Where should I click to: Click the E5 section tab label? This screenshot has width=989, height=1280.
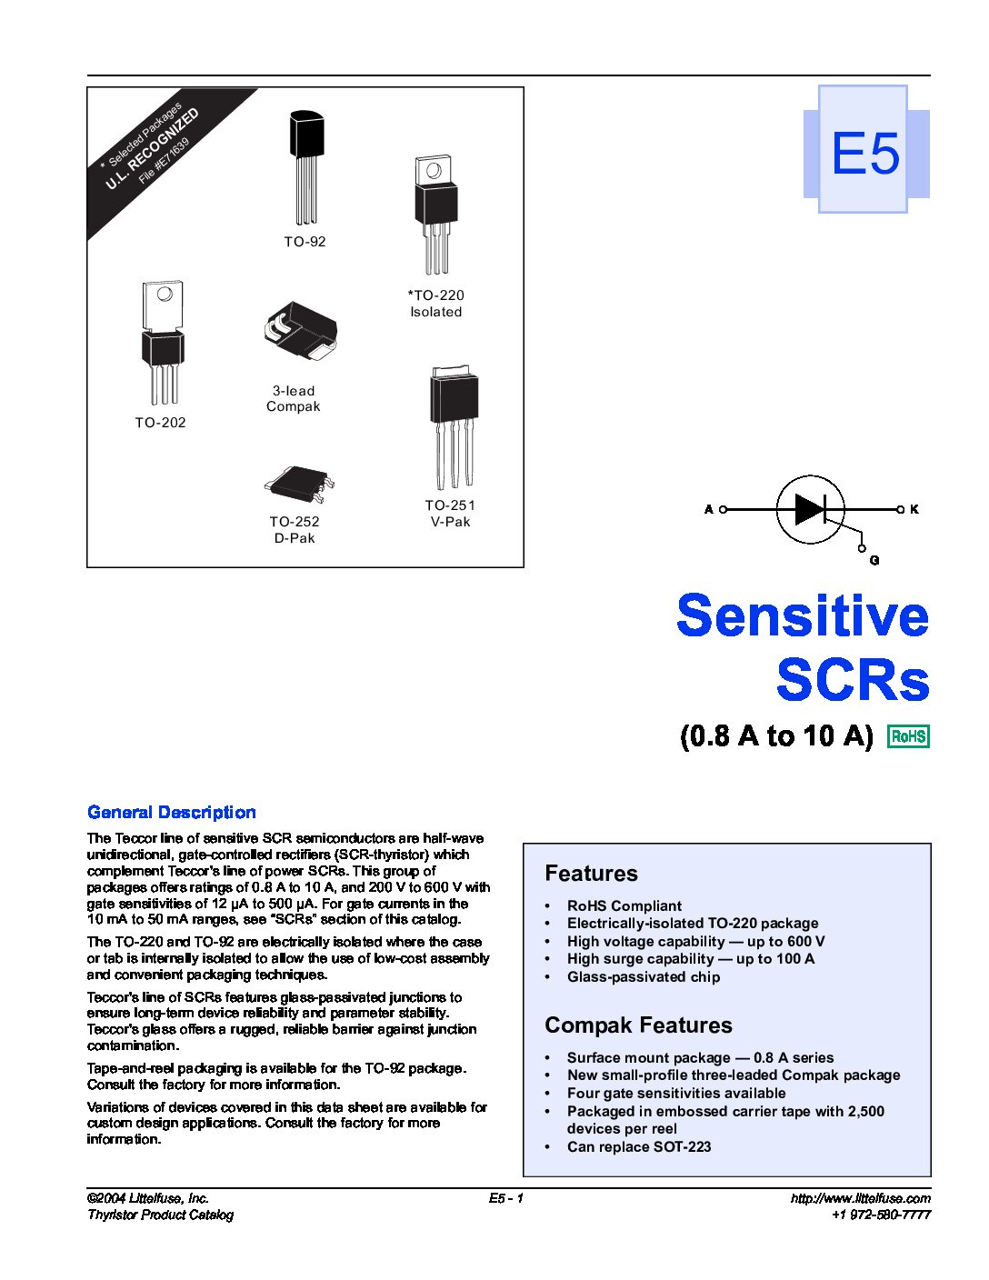tap(864, 153)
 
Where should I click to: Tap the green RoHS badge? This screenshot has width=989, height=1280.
tap(908, 736)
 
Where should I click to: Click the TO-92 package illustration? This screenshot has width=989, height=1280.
tap(306, 168)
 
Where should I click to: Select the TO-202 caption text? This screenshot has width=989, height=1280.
tap(160, 423)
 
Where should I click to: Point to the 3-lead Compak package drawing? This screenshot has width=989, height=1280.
tap(300, 333)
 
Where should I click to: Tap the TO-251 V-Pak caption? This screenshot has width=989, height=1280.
tap(450, 513)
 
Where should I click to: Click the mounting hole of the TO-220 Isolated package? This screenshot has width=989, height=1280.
tap(434, 171)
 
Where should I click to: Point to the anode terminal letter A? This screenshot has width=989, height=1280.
tap(709, 509)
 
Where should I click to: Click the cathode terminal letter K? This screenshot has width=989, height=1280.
tap(914, 509)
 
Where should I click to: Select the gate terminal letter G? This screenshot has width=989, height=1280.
tap(874, 560)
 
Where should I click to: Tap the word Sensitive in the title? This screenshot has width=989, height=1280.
tap(803, 615)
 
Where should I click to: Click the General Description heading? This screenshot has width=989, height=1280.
tap(172, 813)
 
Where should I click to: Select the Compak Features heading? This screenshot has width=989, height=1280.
tap(638, 1025)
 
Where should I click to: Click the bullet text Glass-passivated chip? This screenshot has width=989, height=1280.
tap(644, 976)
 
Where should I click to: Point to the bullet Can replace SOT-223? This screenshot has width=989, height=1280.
tap(639, 1147)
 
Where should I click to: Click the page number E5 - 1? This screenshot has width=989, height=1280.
tap(506, 1198)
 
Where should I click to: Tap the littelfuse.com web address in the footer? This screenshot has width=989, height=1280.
tap(861, 1198)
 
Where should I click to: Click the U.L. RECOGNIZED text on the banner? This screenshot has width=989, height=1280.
tap(152, 149)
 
